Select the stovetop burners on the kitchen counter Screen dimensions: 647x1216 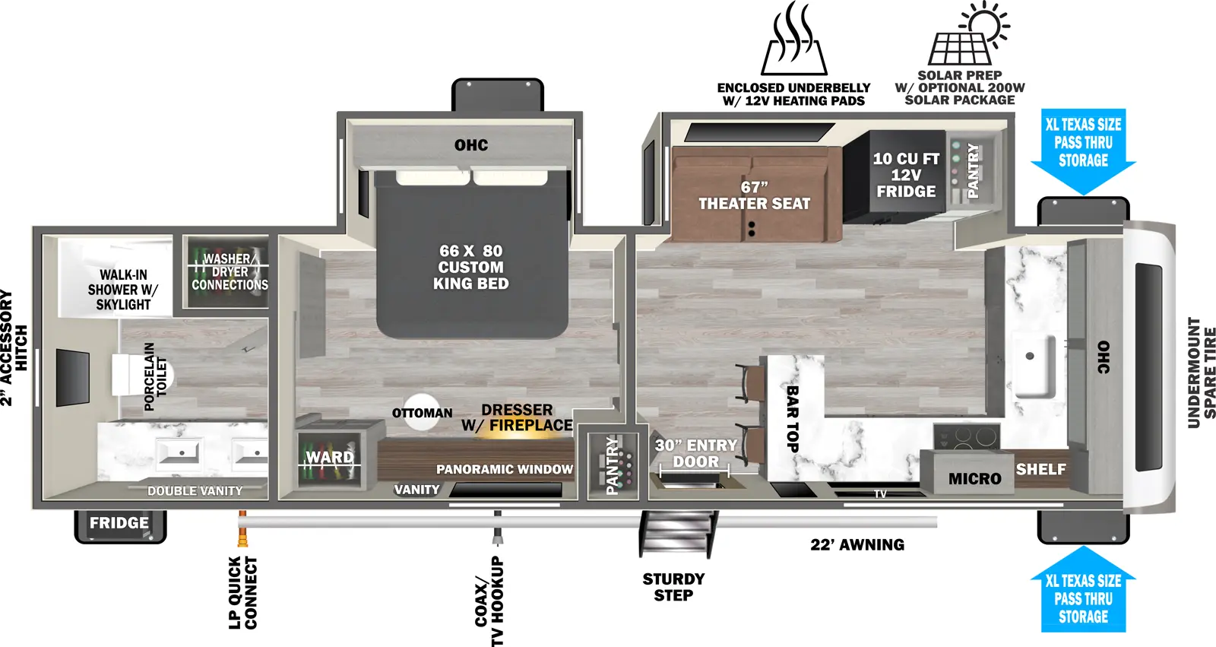click(965, 436)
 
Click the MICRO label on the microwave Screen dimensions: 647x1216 click(974, 479)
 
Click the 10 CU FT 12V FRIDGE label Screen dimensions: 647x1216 click(906, 176)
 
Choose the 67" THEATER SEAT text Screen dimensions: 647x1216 click(754, 196)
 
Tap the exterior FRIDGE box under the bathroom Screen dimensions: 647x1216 click(119, 524)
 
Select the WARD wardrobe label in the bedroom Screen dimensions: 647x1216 click(330, 458)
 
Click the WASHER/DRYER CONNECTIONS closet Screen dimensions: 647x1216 click(229, 272)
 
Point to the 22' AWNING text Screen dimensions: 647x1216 click(857, 545)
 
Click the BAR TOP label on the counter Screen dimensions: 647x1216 click(792, 418)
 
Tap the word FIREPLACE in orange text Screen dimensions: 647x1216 click(530, 426)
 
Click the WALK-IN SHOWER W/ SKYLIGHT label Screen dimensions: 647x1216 click(122, 290)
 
